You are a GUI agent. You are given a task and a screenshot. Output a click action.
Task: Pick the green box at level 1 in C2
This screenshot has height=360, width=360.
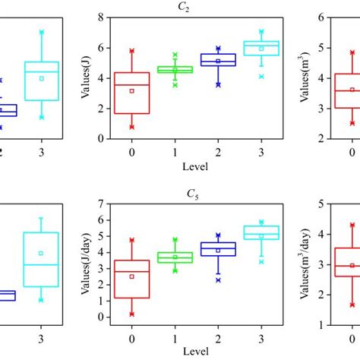175,69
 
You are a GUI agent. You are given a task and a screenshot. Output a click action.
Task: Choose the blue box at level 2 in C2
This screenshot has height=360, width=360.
218,59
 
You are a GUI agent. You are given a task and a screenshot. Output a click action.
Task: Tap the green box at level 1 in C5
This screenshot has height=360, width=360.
175,257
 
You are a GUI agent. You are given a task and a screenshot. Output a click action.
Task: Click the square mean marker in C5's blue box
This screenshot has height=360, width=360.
218,250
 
